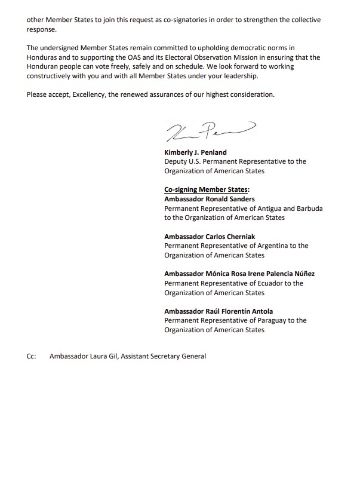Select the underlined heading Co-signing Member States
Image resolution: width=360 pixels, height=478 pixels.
click(x=206, y=190)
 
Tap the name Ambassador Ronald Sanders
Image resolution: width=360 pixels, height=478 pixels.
click(x=210, y=199)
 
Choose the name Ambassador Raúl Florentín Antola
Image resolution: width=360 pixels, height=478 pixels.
click(x=219, y=311)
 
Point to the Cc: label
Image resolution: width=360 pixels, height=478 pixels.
click(x=31, y=356)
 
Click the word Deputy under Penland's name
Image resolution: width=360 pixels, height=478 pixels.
click(x=177, y=161)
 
